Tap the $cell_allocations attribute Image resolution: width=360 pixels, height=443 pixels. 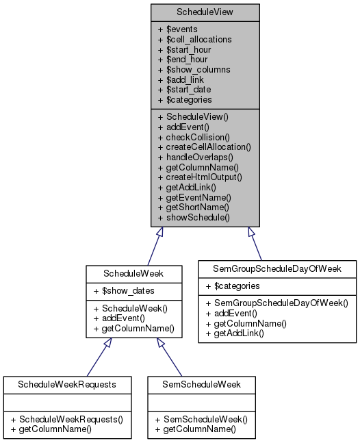(194, 39)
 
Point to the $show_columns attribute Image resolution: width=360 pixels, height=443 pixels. (194, 69)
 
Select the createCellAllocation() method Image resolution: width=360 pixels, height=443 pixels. (205, 147)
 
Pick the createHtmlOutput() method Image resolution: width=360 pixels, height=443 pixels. (199, 177)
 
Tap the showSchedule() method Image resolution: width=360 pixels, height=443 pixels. (193, 216)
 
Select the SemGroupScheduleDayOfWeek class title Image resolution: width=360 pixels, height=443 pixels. (277, 268)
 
